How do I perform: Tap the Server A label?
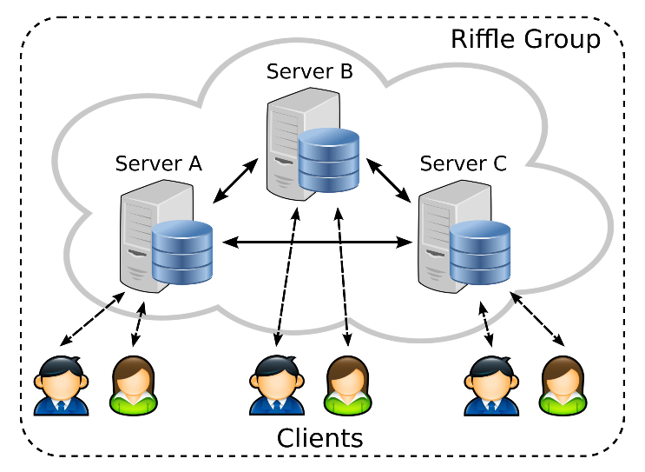coord(159,163)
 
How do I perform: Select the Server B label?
coord(310,71)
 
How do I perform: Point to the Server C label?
coord(463,163)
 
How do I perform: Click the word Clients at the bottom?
coord(319,437)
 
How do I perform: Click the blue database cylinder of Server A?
coord(182,253)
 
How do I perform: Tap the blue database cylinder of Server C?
coord(480,253)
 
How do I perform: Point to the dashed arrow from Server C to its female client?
coord(539,321)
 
